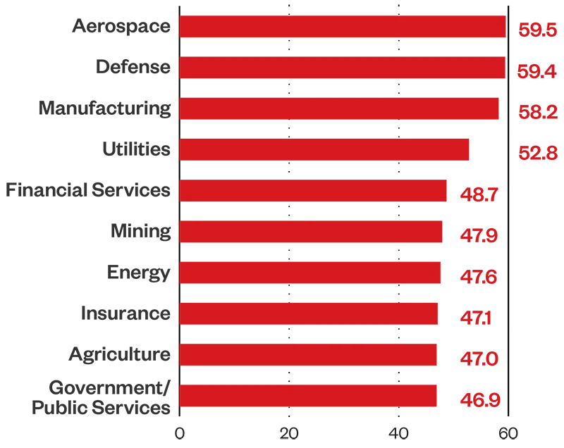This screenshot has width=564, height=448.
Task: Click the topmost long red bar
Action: pos(342,26)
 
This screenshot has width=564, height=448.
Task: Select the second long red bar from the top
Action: pos(342,68)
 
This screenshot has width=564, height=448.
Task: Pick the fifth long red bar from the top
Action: pos(342,189)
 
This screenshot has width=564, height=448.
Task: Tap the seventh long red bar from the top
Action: pos(342,273)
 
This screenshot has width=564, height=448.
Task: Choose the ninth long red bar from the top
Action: pos(342,354)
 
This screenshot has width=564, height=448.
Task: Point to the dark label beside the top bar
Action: pos(121,28)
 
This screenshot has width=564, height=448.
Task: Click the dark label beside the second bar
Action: pos(135,67)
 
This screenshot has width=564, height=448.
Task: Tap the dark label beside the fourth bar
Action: pos(138,149)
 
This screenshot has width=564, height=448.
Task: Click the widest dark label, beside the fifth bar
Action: pos(90,189)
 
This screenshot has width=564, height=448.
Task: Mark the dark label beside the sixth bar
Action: pos(141,231)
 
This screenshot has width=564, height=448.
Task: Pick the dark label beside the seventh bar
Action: pos(141,273)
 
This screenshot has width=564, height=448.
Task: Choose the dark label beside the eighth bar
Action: pos(127,313)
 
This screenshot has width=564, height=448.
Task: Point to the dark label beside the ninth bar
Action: pos(121,354)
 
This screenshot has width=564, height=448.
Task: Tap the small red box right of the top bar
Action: pos(538,30)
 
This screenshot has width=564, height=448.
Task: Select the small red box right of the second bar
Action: pos(536,70)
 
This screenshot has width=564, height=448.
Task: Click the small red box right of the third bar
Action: pos(538,112)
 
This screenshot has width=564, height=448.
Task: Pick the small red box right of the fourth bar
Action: pos(538,151)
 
